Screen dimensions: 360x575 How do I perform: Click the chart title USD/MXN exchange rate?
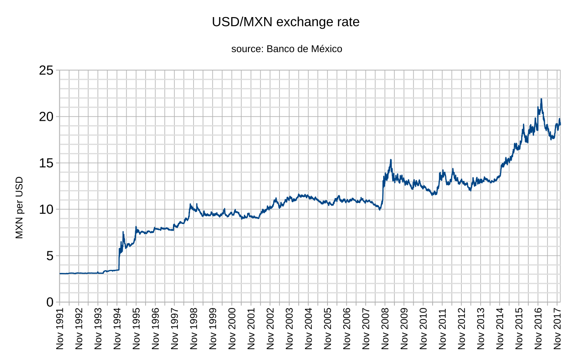286,22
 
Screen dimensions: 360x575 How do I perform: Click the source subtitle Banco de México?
287,49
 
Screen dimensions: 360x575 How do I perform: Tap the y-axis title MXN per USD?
19,208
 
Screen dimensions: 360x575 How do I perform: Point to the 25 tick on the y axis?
46,70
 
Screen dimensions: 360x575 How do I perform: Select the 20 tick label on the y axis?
46,117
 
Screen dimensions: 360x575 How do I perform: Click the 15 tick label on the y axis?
46,163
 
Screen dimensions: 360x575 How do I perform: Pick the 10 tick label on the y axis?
46,210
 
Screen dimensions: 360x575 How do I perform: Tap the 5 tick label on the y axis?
49,256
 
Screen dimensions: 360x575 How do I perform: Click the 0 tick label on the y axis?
49,303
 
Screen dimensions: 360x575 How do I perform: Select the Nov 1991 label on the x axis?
60,329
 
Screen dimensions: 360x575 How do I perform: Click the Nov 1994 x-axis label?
117,329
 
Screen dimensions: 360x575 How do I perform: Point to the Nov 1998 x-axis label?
194,329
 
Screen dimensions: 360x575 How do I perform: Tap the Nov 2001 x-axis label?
251,329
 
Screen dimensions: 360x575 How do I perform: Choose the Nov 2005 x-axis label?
327,329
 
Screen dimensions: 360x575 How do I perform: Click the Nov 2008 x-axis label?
385,329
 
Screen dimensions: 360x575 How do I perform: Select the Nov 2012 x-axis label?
461,329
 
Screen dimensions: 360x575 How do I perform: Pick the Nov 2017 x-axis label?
557,329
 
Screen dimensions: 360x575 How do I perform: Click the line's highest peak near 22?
541,99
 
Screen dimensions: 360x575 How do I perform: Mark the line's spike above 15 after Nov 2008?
391,160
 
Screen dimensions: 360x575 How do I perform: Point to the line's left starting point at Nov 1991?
60,273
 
